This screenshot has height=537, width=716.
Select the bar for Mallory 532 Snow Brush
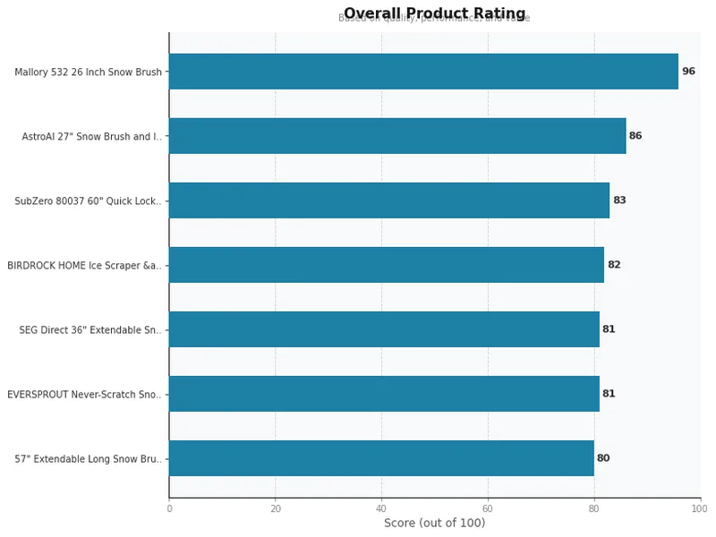pos(423,72)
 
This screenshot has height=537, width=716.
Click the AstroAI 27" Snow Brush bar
pos(397,136)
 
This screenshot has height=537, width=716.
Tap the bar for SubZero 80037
pos(389,200)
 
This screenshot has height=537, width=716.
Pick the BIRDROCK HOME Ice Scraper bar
pos(387,265)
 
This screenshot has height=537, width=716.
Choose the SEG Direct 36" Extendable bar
pos(384,329)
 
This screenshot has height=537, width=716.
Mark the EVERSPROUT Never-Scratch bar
pos(384,394)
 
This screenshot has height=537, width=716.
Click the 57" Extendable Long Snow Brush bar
pos(381,458)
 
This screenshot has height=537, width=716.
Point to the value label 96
pos(688,72)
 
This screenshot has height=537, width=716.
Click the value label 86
pos(635,136)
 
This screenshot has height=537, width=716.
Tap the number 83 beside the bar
pos(619,200)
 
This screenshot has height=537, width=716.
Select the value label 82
pos(614,265)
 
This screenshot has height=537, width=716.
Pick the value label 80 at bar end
pos(603,458)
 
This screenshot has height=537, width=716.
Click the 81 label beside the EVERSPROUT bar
pos(609,394)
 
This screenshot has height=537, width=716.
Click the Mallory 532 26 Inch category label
pos(88,72)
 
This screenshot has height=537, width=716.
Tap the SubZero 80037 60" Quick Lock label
pos(88,201)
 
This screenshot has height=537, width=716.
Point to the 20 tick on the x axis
pos(275,508)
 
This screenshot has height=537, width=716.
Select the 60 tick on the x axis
pos(488,508)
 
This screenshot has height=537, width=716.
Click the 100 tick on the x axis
pos(700,508)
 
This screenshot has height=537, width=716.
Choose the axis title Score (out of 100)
pos(434,524)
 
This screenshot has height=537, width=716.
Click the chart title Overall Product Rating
pos(434,13)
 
